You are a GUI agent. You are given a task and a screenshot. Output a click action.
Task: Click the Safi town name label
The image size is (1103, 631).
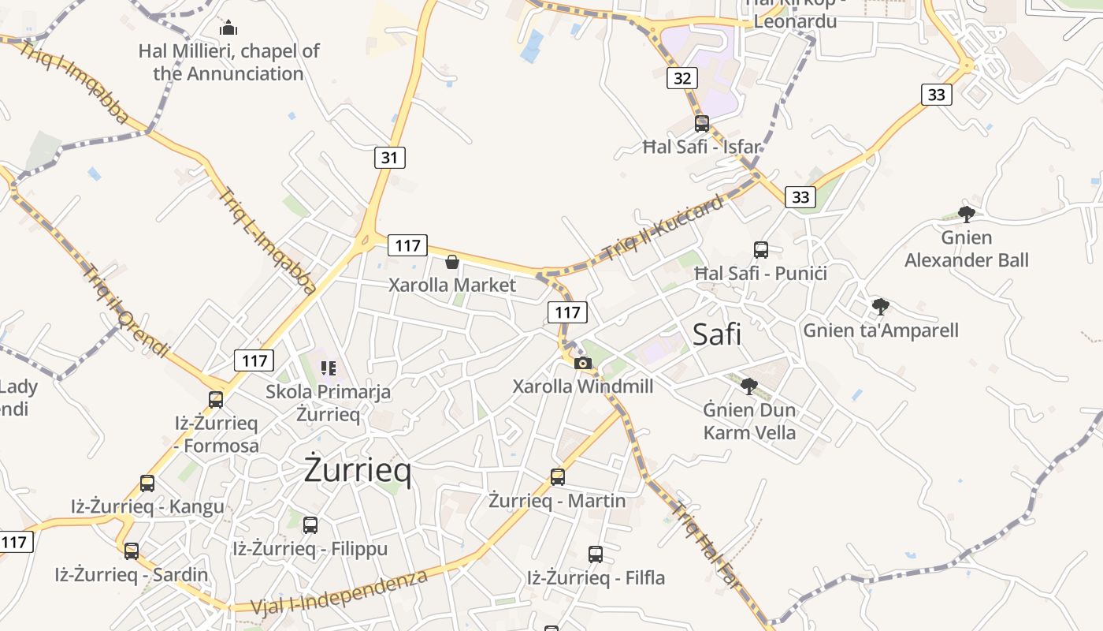tap(717, 334)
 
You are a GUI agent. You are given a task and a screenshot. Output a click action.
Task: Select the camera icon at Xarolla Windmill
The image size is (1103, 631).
tap(583, 363)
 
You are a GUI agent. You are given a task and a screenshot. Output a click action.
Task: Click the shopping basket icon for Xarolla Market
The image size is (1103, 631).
tap(452, 262)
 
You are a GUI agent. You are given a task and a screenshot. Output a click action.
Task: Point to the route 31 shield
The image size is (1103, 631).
tap(389, 158)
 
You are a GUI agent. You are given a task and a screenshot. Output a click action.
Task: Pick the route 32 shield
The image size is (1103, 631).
tap(682, 77)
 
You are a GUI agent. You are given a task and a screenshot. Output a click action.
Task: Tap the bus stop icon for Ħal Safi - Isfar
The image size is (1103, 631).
tap(701, 124)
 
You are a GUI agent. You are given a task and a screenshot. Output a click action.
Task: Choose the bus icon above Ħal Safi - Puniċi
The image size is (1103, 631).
tap(761, 250)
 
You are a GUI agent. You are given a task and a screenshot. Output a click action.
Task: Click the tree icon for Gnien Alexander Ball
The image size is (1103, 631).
tap(967, 214)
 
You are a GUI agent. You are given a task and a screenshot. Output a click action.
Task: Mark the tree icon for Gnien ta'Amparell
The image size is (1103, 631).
tap(881, 307)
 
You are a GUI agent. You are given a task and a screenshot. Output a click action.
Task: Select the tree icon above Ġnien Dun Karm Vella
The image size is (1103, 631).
tap(749, 386)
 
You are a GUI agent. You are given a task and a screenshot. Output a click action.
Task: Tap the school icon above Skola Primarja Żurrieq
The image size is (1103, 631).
tap(329, 368)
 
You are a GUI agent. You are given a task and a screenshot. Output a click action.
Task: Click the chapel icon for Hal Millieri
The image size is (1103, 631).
tap(228, 28)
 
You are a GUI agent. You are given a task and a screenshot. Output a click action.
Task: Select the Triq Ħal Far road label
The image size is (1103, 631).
tap(705, 545)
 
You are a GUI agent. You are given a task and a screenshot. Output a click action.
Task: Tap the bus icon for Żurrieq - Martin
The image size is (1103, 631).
tap(558, 476)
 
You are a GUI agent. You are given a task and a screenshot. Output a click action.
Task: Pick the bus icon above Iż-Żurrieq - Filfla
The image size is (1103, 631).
tap(596, 554)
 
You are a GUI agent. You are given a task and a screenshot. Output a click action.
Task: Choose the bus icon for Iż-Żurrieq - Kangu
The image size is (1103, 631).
tap(147, 484)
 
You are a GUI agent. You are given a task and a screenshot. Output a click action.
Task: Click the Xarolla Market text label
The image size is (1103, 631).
tap(452, 285)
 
